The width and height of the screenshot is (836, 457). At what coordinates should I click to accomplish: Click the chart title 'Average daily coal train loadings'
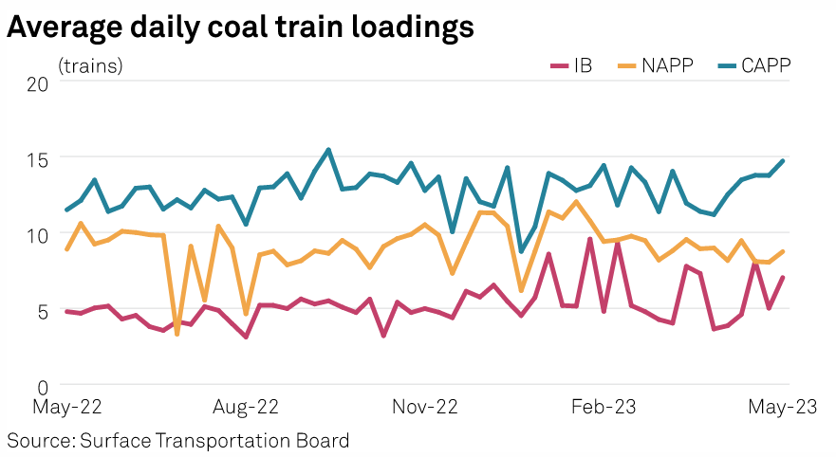(x=240, y=28)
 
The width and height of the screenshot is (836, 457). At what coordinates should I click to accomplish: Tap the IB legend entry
(x=571, y=65)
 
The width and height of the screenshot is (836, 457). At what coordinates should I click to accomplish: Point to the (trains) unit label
(x=90, y=66)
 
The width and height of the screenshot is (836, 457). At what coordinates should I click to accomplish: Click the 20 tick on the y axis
(x=38, y=82)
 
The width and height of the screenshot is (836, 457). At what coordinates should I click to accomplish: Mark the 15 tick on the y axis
(x=38, y=157)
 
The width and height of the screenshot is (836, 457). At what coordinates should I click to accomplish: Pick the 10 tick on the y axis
(x=38, y=234)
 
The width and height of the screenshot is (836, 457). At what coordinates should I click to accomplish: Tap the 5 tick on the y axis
(x=43, y=310)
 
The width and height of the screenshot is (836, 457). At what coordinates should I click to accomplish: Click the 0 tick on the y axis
(x=43, y=386)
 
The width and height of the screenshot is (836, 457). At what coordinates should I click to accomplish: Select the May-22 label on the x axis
(x=66, y=408)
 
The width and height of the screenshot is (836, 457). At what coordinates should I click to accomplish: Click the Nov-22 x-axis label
(x=426, y=408)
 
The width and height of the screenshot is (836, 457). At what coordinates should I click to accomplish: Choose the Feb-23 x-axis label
(x=604, y=408)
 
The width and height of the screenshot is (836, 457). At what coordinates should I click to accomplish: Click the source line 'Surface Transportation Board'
(x=178, y=440)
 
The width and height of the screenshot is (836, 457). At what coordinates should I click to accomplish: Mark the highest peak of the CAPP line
(x=328, y=150)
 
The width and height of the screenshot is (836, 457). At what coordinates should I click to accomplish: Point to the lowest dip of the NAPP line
(x=176, y=334)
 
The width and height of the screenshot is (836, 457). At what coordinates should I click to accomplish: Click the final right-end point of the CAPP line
(x=783, y=161)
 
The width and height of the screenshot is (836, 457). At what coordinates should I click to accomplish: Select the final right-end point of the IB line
(x=783, y=278)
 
